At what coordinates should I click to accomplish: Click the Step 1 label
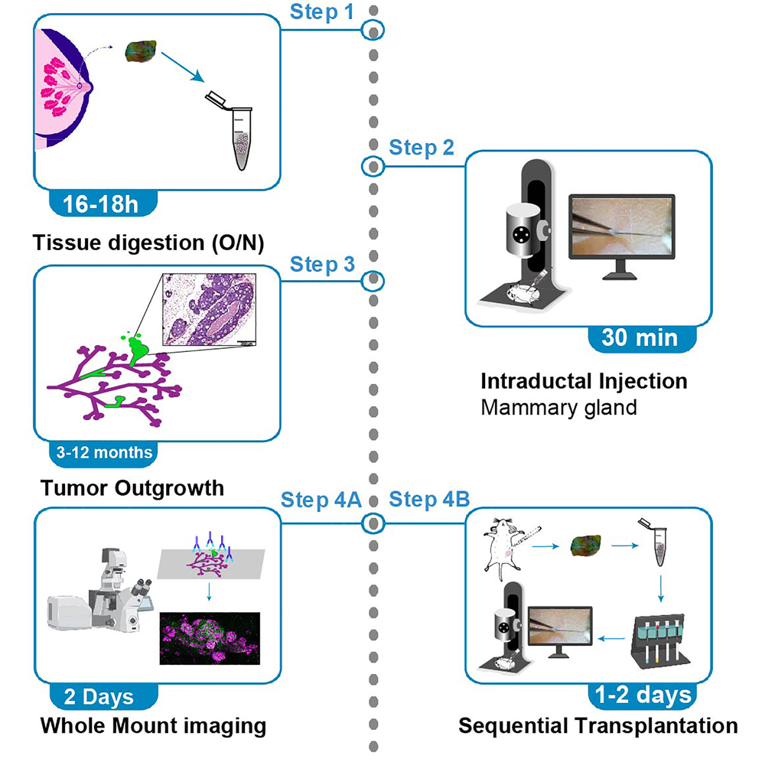point(322,13)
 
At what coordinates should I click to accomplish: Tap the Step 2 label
point(422,147)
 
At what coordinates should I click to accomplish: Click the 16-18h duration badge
point(102,204)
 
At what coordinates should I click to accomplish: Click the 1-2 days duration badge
point(642,695)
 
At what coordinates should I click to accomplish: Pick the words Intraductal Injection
point(584,380)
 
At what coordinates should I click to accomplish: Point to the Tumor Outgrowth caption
point(132,487)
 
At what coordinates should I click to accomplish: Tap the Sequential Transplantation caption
point(598,724)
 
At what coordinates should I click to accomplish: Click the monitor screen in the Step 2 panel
point(622,228)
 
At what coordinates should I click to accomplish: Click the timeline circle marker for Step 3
point(373,280)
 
